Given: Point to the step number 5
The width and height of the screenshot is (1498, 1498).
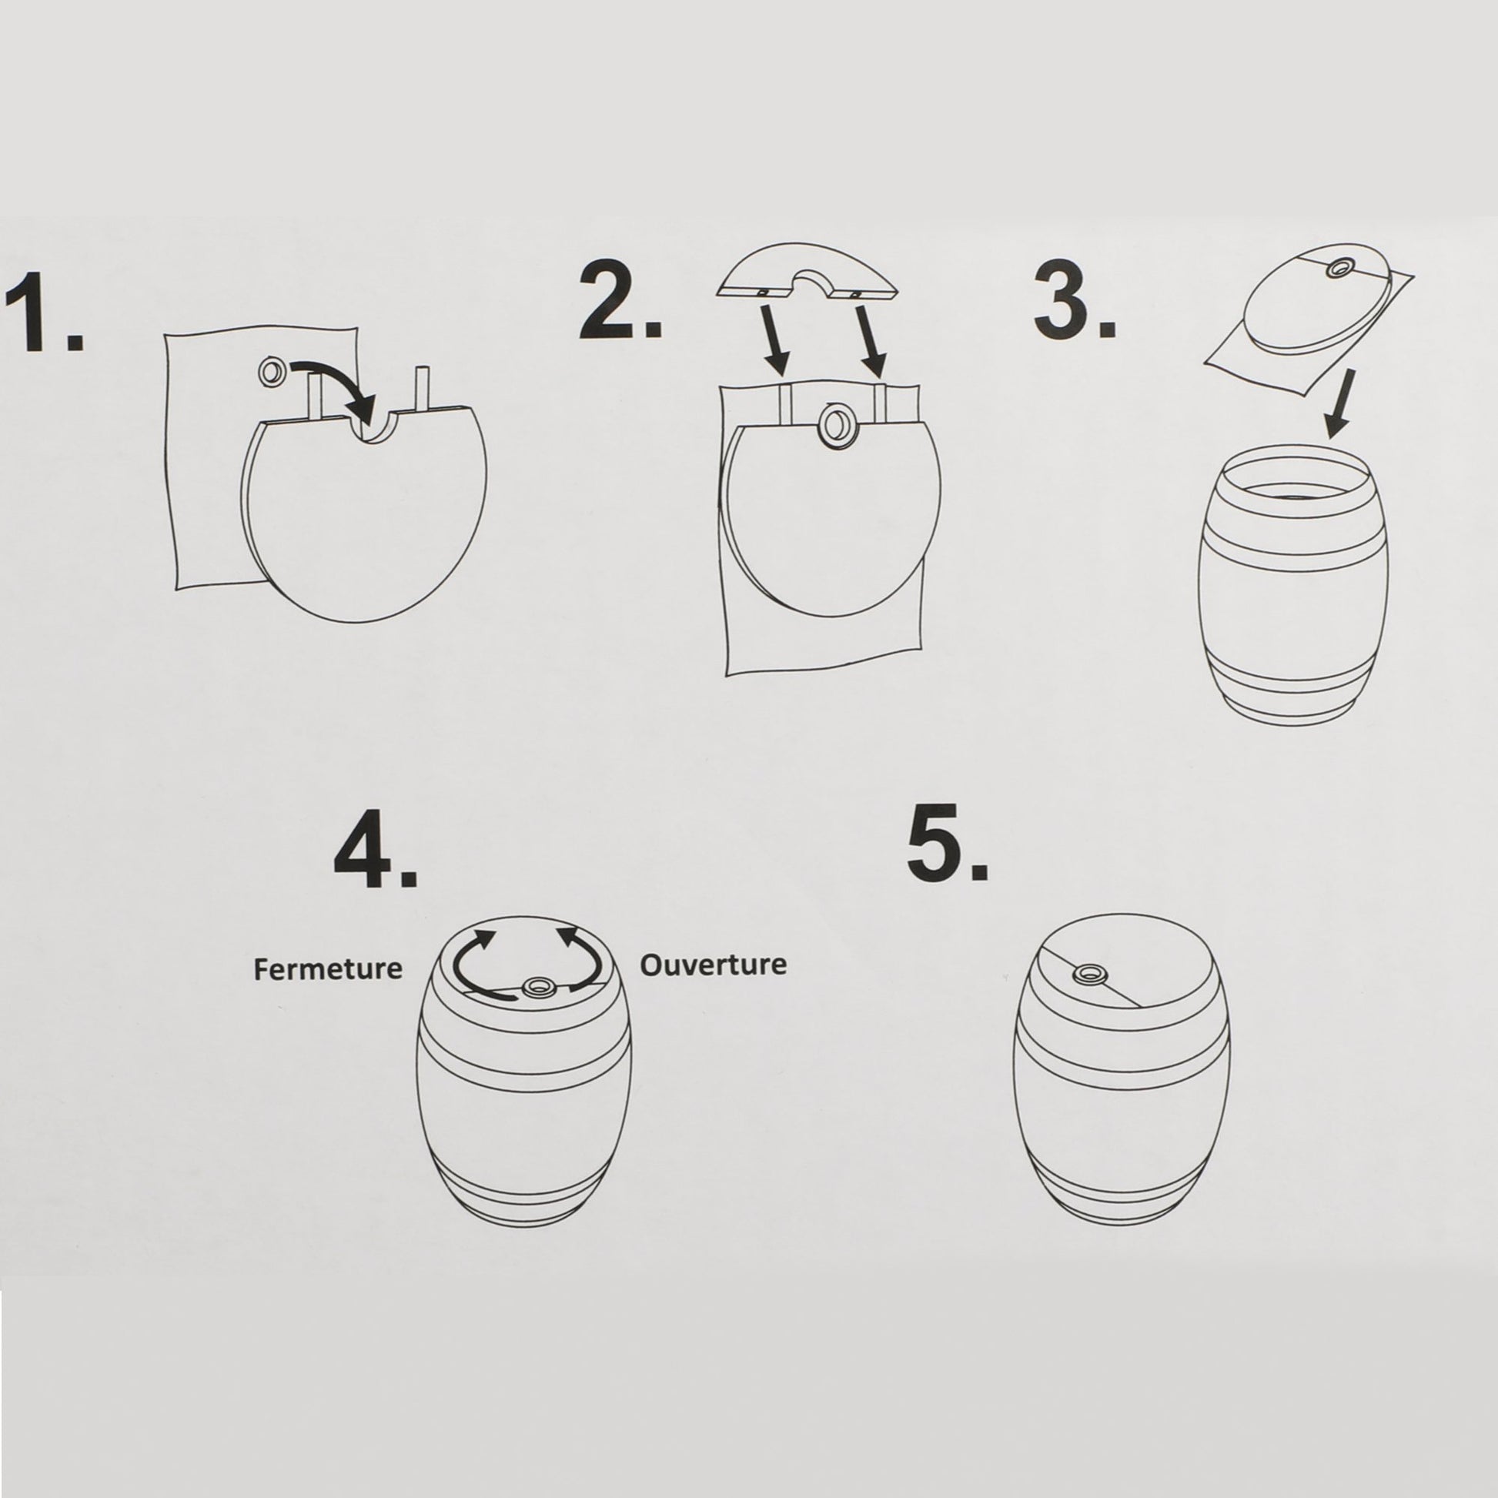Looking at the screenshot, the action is coord(948,843).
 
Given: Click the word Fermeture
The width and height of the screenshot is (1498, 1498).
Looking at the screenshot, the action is coord(328,969).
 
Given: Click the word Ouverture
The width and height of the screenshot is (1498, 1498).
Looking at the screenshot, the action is coord(714,965).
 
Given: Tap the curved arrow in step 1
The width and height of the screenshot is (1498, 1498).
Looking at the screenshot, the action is coord(341,372).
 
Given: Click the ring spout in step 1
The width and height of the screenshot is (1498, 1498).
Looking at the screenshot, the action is coord(273,371).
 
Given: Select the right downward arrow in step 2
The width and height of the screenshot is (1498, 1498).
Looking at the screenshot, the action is coord(871,339).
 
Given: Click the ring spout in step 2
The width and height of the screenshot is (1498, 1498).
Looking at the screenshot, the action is coord(838,424).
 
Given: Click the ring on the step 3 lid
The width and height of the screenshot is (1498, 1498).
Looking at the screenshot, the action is coord(1338,290).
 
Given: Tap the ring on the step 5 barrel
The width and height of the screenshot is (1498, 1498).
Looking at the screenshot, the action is coord(1090,975).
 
